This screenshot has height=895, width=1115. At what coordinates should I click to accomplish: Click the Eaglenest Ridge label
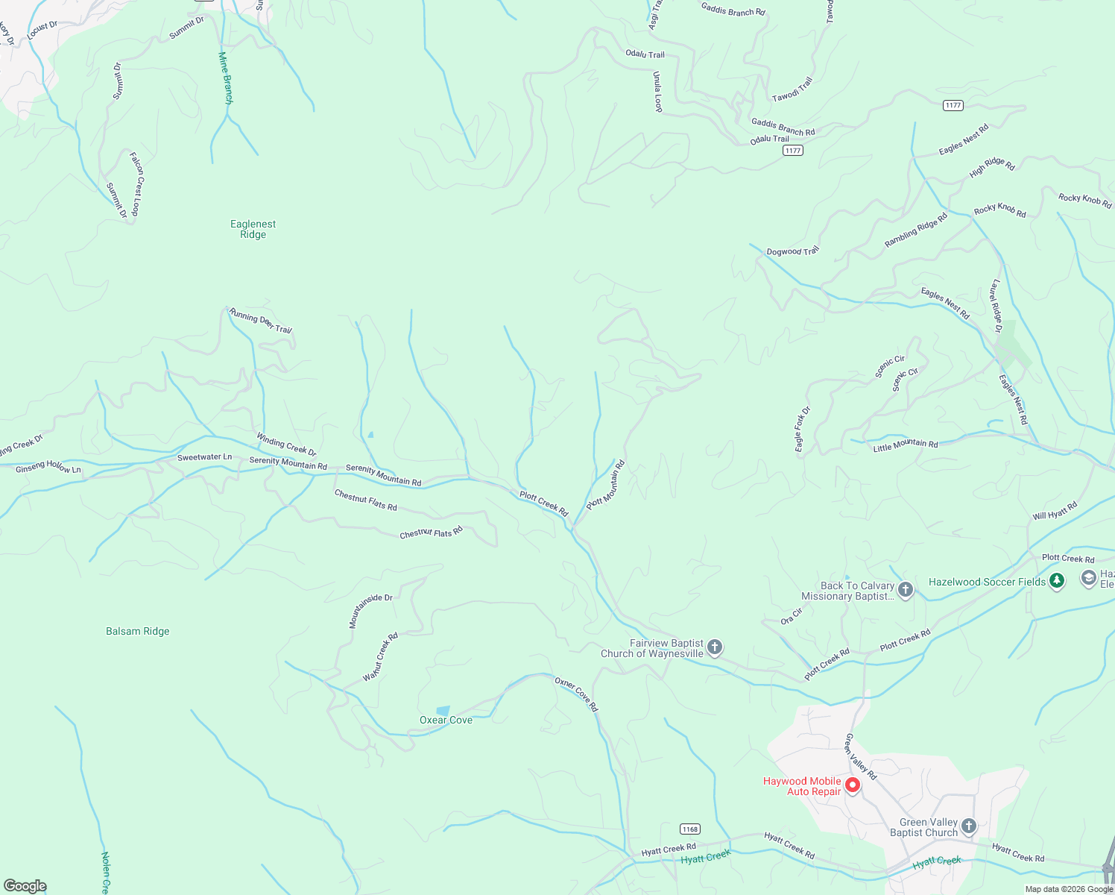[253, 229]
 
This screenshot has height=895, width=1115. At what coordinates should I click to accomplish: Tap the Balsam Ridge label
[138, 631]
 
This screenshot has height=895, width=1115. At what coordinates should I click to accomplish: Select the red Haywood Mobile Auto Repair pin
[853, 785]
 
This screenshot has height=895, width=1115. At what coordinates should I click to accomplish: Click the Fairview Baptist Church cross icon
[714, 647]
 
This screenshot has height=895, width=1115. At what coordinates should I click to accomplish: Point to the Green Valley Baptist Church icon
[968, 826]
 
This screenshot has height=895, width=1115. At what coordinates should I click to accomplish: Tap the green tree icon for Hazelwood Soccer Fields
[1056, 581]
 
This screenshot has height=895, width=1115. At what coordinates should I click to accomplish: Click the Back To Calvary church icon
[906, 590]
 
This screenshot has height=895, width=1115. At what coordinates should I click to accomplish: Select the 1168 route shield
[689, 829]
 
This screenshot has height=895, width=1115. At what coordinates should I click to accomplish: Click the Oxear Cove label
[446, 720]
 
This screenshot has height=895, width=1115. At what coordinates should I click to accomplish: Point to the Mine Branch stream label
[226, 78]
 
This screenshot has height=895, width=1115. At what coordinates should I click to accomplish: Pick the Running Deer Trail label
[260, 321]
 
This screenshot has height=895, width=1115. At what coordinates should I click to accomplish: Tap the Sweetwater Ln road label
[204, 457]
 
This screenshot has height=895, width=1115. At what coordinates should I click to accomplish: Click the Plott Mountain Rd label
[605, 485]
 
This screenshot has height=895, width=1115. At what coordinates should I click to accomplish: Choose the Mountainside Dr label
[370, 611]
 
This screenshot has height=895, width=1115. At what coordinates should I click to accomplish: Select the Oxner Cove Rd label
[576, 694]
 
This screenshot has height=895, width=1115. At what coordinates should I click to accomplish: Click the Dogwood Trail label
[792, 251]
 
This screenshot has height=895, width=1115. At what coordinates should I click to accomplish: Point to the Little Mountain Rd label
[906, 445]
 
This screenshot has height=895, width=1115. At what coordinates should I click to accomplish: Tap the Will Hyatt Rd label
[1055, 511]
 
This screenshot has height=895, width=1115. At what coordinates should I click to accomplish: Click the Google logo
[25, 885]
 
